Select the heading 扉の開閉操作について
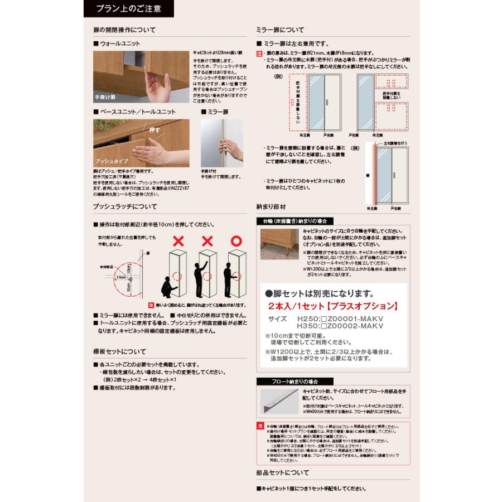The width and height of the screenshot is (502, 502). point(124,30)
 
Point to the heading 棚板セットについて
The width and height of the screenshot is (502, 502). point(119,351)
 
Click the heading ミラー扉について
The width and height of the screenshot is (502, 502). point(280,30)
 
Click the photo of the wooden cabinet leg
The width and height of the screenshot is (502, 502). point(279,243)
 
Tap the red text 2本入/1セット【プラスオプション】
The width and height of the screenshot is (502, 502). point(332,306)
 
